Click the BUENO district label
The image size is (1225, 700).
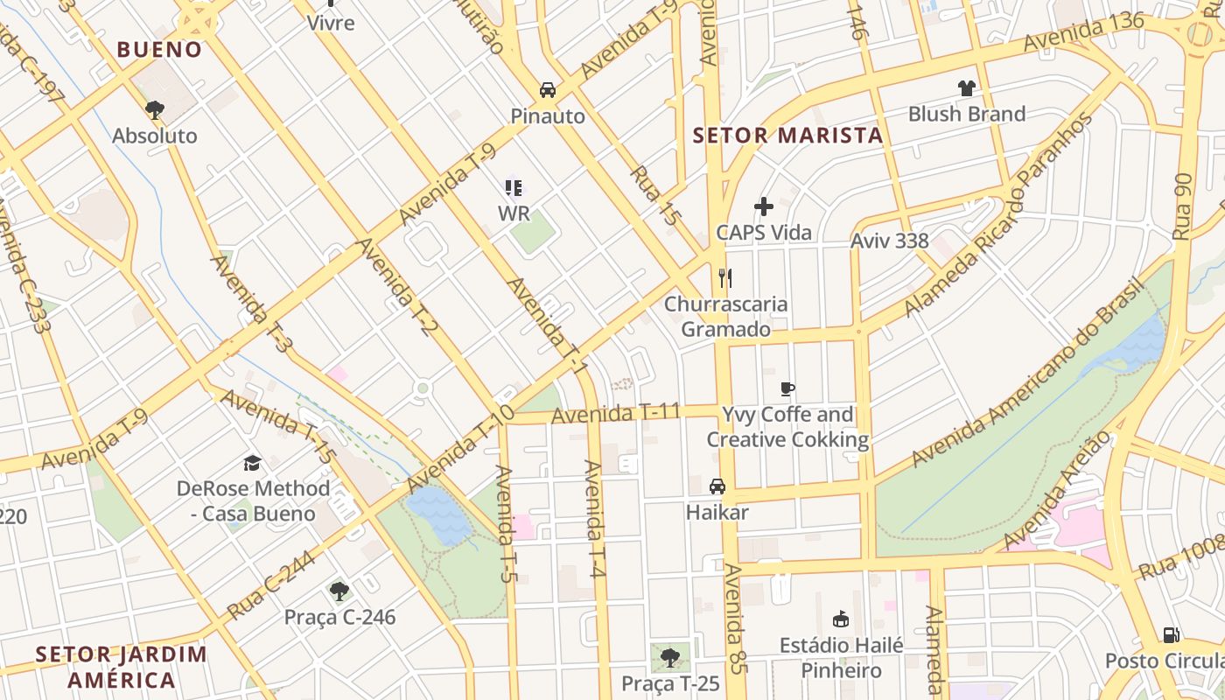159,49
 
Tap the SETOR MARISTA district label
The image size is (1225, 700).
787,136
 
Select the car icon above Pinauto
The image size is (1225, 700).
548,90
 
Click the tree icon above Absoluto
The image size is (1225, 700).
155,110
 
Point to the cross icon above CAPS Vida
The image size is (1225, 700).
764,207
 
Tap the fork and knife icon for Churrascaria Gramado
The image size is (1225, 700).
724,278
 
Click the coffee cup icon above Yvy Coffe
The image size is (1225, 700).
787,388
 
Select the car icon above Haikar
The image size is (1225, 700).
717,486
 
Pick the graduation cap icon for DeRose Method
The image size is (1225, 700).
253,463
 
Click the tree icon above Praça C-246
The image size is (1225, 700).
339,591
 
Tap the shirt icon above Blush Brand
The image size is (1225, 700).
966,87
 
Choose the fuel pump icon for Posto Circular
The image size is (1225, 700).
1171,634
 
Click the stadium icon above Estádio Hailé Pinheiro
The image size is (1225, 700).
841,619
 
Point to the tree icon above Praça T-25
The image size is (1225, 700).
670,657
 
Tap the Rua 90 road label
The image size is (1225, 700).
1183,206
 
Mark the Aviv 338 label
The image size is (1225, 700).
890,241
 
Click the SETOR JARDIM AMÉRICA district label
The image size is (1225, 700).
122,666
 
